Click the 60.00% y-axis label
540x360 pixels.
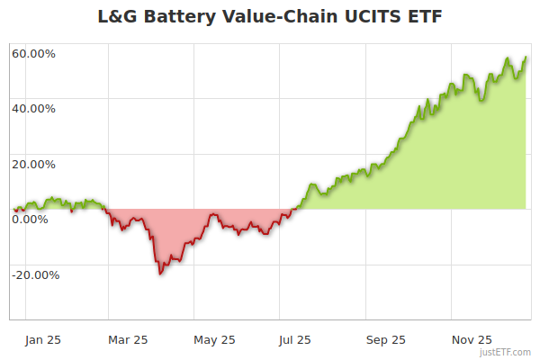click(33, 53)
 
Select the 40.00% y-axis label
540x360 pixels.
click(33, 109)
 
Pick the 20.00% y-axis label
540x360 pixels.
click(33, 165)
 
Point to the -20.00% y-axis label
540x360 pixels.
click(36, 275)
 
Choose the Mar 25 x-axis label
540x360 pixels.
click(128, 340)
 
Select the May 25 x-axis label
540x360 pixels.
click(214, 340)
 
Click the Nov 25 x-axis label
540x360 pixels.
click(471, 340)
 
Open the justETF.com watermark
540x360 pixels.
click(505, 353)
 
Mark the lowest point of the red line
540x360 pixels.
click(160, 273)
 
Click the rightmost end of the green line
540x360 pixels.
click(526, 58)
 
